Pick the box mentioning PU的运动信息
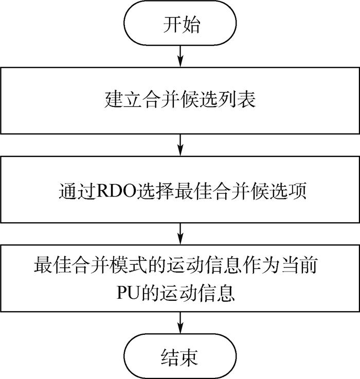180,280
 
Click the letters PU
125,294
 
